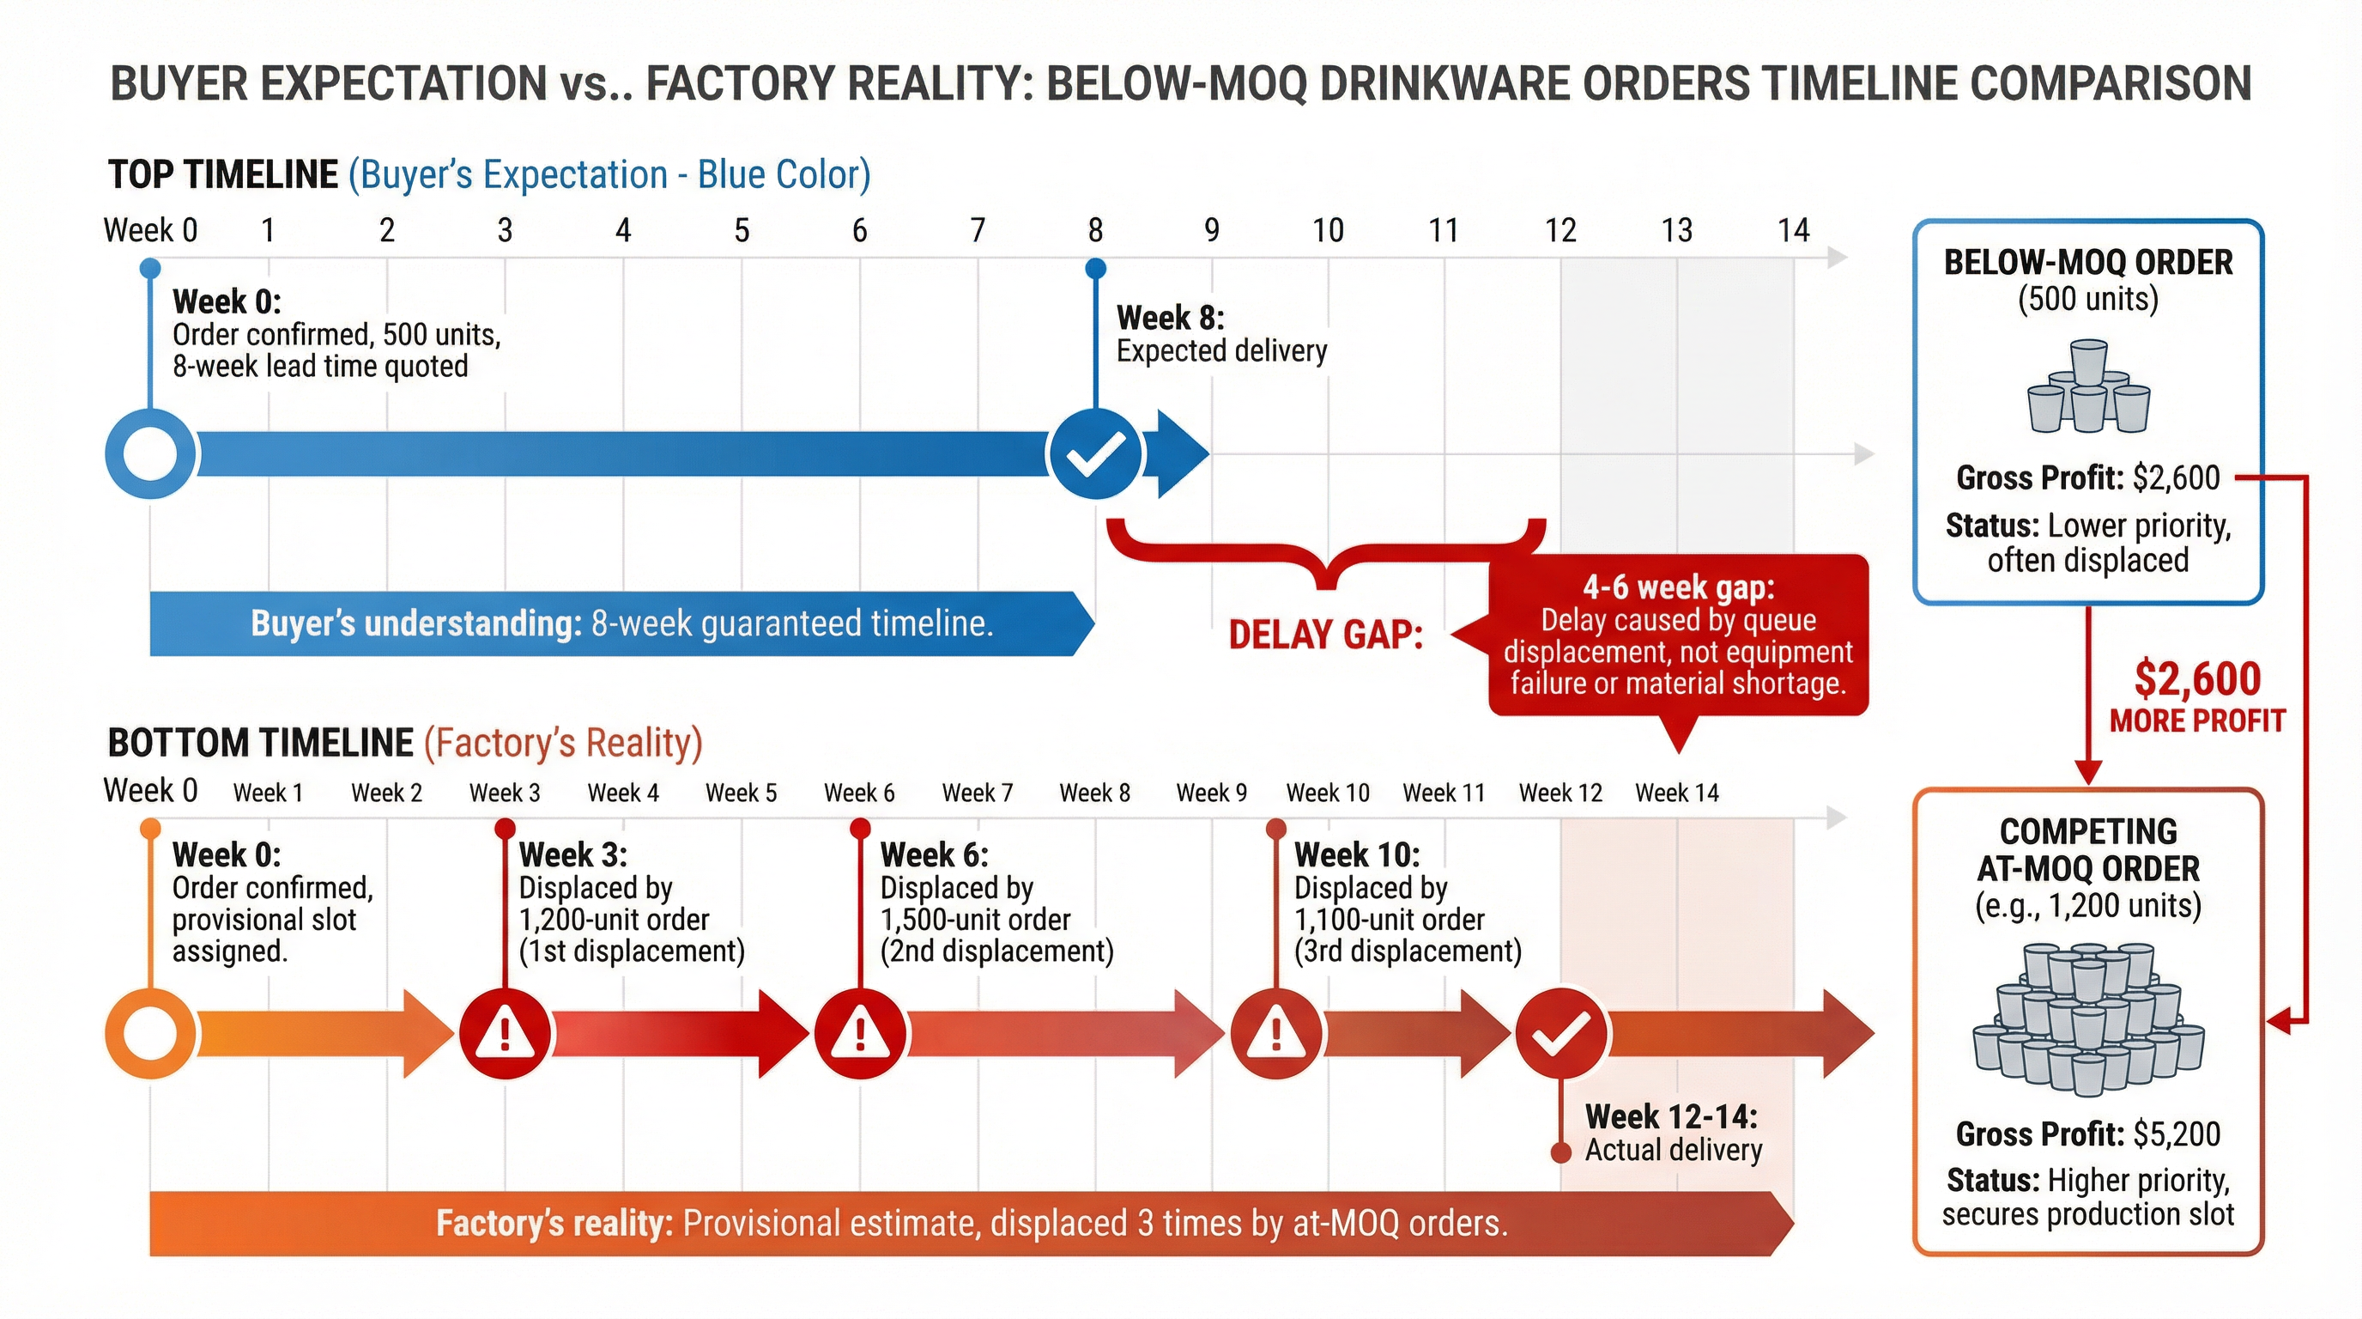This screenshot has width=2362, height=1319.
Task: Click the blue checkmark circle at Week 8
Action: (1095, 453)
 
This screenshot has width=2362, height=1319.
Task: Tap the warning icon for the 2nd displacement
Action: (860, 1034)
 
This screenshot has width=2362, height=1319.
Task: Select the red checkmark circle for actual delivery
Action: (1560, 1034)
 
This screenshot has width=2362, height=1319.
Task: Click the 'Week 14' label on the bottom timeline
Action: (1677, 793)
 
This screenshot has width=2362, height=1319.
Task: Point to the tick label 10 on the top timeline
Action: (1328, 230)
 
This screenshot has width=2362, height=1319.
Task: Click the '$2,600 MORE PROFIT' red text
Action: (2197, 696)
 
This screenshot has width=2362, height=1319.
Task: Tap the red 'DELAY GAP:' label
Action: (1325, 635)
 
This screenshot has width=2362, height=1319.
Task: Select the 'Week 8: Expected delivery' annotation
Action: (1220, 334)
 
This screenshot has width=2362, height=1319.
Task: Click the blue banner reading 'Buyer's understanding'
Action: (621, 623)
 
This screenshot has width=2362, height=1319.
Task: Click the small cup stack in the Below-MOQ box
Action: (2088, 387)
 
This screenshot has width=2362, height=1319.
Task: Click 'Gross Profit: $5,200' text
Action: (2088, 1134)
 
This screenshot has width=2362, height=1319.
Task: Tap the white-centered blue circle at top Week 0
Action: (150, 454)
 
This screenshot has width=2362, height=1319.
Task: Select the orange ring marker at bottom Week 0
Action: (150, 1034)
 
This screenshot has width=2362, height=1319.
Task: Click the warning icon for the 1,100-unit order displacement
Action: (1275, 1034)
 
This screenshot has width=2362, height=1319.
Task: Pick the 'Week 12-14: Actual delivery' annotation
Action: (1673, 1133)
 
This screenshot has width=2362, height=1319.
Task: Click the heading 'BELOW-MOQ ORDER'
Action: (2088, 262)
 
